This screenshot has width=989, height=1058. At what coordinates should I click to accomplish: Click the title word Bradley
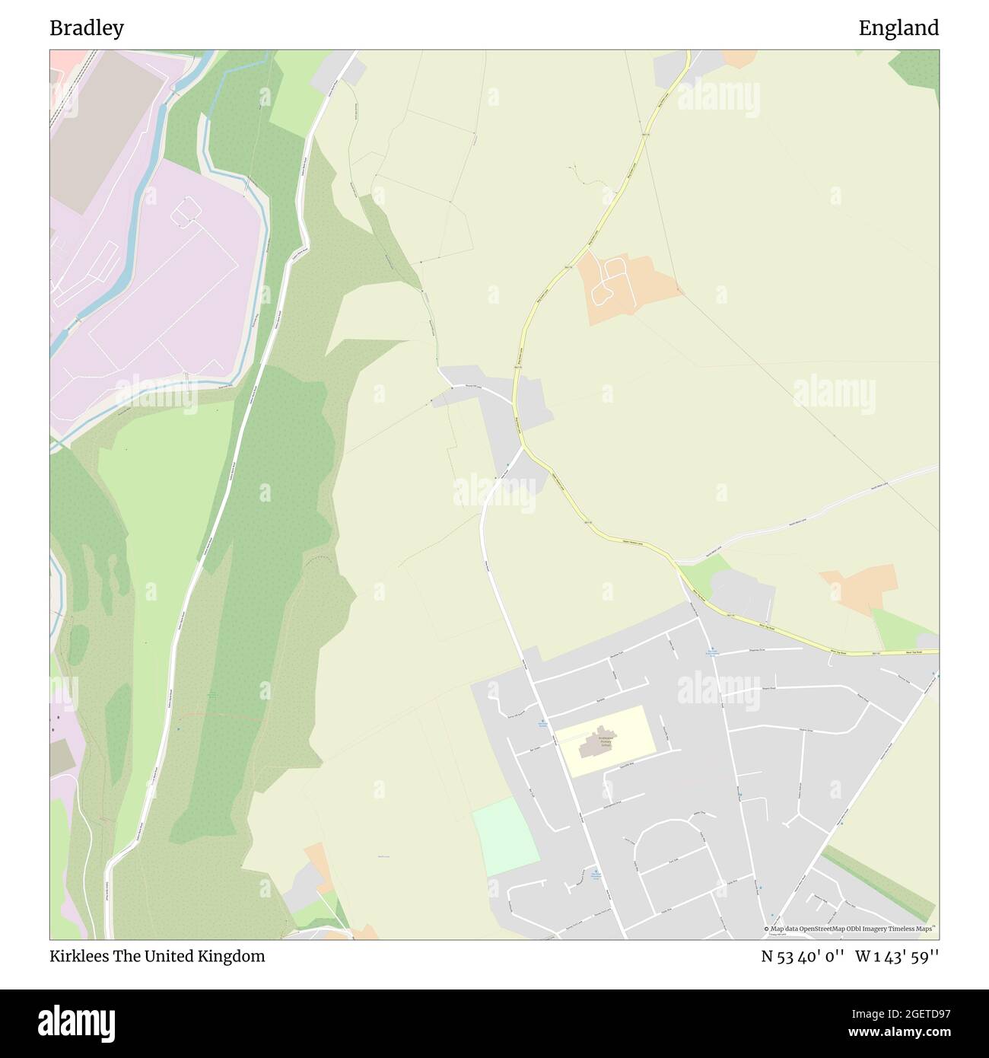coord(87,28)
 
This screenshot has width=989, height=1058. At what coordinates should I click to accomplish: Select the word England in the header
coord(898,28)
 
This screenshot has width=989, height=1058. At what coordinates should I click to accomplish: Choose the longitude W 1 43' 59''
coord(897,956)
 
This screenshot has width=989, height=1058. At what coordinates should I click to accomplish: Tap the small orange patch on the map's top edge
coord(739,57)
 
